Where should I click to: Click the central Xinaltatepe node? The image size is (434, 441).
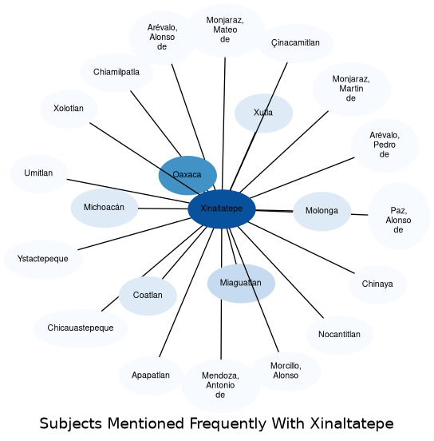pos(222,209)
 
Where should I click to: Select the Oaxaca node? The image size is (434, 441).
pos(187,175)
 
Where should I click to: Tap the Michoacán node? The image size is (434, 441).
pos(105,208)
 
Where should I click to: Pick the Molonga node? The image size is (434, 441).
pos(322,211)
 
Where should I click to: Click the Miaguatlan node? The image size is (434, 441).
pos(241,284)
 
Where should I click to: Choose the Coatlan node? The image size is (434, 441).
pos(148,296)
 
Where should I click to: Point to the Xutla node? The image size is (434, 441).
pos(263,113)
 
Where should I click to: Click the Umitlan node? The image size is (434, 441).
pos(39,173)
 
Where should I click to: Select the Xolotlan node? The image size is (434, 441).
pos(69,109)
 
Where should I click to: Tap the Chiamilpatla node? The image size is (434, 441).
pos(116,73)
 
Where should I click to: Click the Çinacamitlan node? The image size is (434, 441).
pos(295,43)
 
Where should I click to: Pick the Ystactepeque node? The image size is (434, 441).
pos(43,260)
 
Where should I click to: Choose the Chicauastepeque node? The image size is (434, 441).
pos(81,328)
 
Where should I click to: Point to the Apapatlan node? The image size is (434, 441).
pos(151,375)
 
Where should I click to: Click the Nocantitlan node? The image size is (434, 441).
pos(339,335)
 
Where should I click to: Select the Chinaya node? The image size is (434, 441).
pos(378,284)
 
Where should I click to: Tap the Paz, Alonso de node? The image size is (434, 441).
pos(399,216)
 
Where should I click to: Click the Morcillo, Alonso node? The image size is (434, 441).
pos(286,371)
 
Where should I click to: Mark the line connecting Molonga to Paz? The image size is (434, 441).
pos(359,215)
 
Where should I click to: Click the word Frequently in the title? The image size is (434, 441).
pos(228,423)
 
